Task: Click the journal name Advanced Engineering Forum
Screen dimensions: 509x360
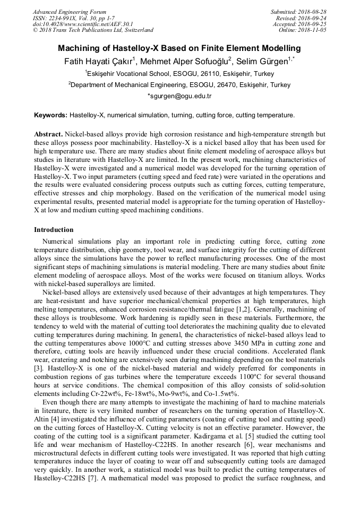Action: (x=69, y=12)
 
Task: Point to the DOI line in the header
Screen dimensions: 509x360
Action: (x=83, y=24)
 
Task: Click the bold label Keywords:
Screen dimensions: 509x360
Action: (x=50, y=115)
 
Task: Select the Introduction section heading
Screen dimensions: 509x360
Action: (x=54, y=230)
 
